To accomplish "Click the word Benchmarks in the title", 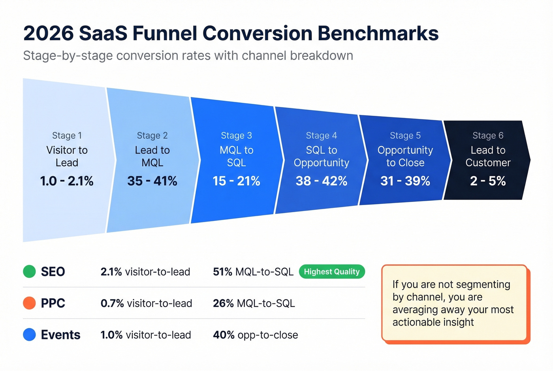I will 378,33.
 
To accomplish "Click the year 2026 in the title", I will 49,33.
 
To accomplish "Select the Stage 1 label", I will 67,136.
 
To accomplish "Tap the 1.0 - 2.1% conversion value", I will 67,181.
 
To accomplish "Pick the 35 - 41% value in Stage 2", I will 152,181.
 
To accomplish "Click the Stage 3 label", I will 236,136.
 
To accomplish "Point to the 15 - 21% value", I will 236,181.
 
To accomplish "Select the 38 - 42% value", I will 321,181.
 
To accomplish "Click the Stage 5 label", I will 405,136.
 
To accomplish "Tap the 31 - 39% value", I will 405,181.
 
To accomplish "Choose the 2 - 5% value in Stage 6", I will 488,181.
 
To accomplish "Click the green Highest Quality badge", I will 332,272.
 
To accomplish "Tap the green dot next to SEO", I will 30,271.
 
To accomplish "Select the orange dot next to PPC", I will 30,303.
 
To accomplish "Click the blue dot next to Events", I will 30,335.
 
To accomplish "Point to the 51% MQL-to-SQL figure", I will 253,272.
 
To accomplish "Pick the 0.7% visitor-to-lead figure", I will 146,303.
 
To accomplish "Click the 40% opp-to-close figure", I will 255,335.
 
